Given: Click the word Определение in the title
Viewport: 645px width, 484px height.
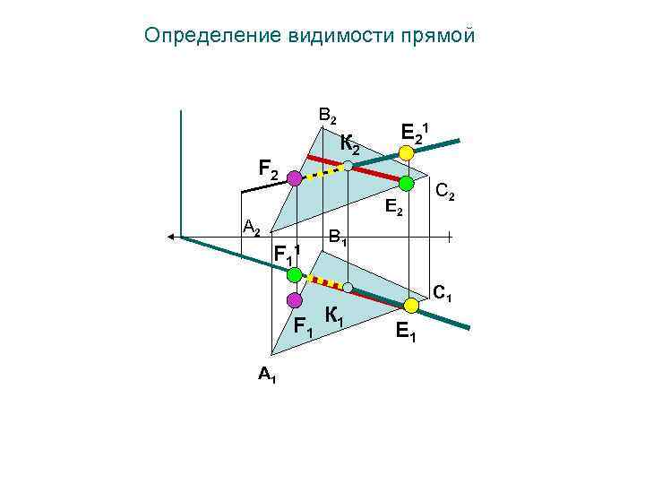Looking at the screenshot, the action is pos(211,36).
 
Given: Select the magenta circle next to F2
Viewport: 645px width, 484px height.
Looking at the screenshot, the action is pos(295,179).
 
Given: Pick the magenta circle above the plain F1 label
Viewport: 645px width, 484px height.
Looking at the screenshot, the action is pos(292,299).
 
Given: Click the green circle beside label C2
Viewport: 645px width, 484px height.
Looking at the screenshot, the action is pos(406,184).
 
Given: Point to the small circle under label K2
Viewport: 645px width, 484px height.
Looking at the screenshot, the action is pos(347,166).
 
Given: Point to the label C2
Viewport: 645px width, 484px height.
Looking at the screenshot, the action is pos(444,192).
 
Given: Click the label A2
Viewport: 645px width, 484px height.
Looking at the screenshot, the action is pos(253,228).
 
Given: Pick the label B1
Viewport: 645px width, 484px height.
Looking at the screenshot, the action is pos(338,238).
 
